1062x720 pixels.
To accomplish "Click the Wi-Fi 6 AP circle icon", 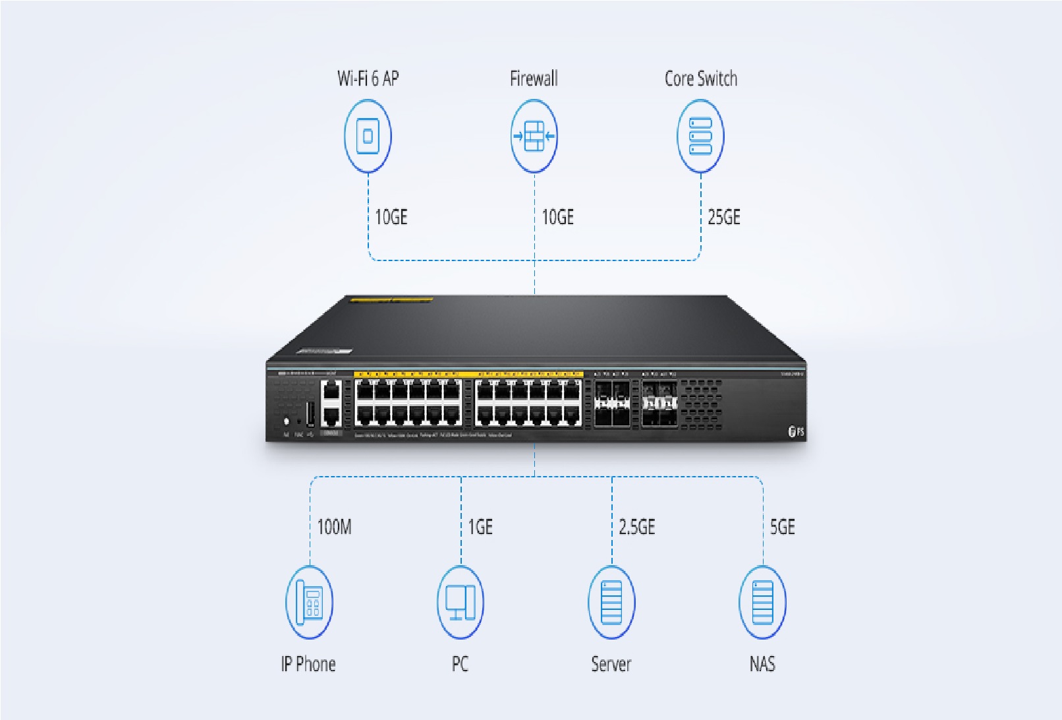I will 368,136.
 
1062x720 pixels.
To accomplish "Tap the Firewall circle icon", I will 534,136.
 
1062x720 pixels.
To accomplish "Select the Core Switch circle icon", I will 700,136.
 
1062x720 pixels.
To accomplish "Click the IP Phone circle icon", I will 309,602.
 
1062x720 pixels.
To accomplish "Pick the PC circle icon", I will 461,602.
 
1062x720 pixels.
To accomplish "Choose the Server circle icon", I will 611,602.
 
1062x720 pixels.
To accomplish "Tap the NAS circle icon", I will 762,602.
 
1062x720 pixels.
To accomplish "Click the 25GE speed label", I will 724,217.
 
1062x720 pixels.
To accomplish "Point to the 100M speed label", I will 335,527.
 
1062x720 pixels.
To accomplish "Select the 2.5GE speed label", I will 637,527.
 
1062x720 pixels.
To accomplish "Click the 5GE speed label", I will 783,527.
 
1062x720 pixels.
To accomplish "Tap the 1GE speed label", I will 480,527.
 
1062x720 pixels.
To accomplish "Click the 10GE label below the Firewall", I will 558,217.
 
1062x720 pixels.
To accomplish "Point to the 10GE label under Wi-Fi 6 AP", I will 391,217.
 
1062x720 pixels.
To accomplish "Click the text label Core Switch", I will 701,79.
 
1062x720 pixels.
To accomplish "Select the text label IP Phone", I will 308,664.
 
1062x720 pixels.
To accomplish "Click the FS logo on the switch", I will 796,432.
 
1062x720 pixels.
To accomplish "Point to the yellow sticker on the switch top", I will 391,300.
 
